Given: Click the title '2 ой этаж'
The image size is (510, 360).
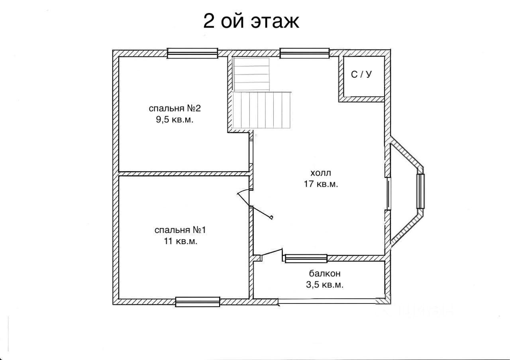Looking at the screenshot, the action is tap(251, 21).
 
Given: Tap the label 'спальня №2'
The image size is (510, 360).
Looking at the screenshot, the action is tap(175, 108).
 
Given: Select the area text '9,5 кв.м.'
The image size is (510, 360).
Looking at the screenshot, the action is tap(175, 119).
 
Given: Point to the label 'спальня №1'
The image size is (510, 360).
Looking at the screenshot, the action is tap(180, 230).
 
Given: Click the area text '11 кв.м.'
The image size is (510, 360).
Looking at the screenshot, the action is tap(180, 241).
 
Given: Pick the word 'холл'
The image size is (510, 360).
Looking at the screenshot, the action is tap(321, 173).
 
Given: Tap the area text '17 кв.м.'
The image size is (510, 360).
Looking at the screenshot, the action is tap(321, 184).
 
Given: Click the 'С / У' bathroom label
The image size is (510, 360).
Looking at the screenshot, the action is tap(361, 74).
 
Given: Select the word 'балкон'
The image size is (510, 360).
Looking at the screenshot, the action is tap(325, 273).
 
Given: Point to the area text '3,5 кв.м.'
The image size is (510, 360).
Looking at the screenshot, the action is tap(325, 285).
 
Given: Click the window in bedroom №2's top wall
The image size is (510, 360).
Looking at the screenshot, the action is tap(192, 53).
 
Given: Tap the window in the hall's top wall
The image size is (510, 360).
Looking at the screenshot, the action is tap(304, 53).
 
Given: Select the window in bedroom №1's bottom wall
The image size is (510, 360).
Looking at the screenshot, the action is tap(198, 302).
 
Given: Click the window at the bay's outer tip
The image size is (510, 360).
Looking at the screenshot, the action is tap(420, 191).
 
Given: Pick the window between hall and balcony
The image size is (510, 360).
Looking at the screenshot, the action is tap(306, 258).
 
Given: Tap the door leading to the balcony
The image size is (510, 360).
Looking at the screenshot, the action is tap(272, 254).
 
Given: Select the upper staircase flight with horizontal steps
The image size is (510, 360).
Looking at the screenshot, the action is tap(251, 74).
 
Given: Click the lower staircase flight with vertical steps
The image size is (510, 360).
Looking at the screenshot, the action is tap(262, 110).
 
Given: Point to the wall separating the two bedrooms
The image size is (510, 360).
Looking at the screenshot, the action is tap(184, 174).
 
